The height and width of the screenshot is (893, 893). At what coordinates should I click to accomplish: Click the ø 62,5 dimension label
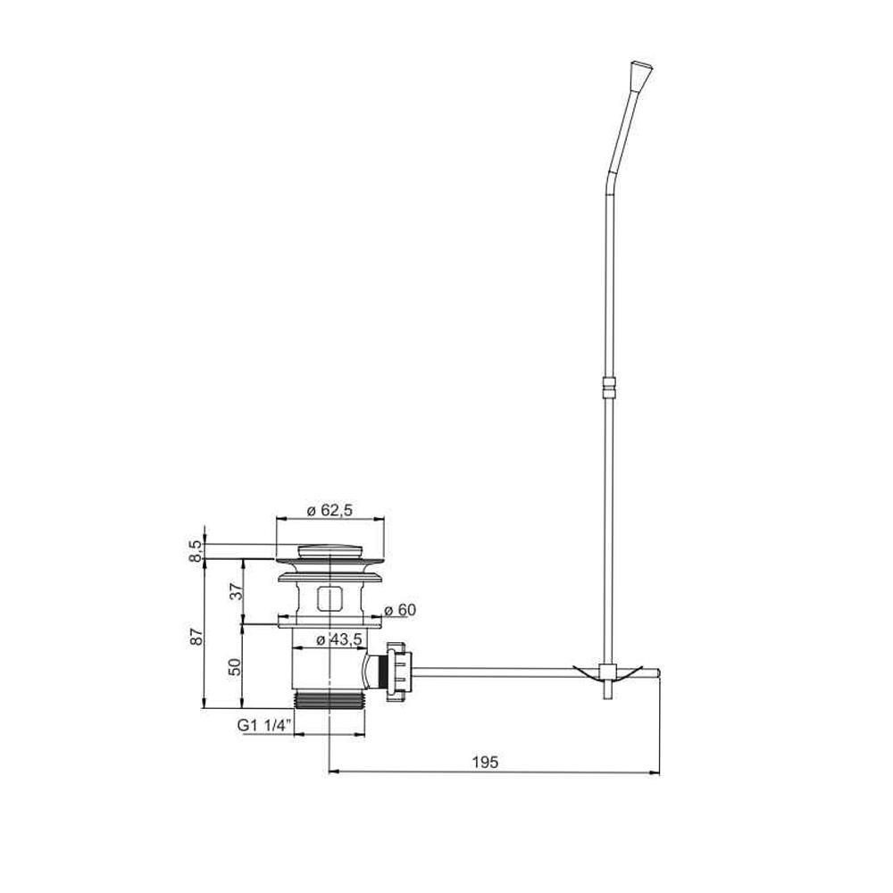[x=330, y=510]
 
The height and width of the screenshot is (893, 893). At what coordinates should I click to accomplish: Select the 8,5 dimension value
[x=196, y=551]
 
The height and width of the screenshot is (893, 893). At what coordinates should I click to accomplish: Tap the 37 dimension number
[x=236, y=592]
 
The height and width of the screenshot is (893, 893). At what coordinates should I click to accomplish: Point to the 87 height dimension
[x=196, y=636]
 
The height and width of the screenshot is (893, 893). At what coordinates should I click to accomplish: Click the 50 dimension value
[x=235, y=666]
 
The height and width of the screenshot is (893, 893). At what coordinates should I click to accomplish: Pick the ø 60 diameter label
[x=400, y=610]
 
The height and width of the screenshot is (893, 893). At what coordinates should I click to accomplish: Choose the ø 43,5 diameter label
[x=339, y=639]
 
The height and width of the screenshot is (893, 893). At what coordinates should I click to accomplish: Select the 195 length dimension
[x=485, y=762]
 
